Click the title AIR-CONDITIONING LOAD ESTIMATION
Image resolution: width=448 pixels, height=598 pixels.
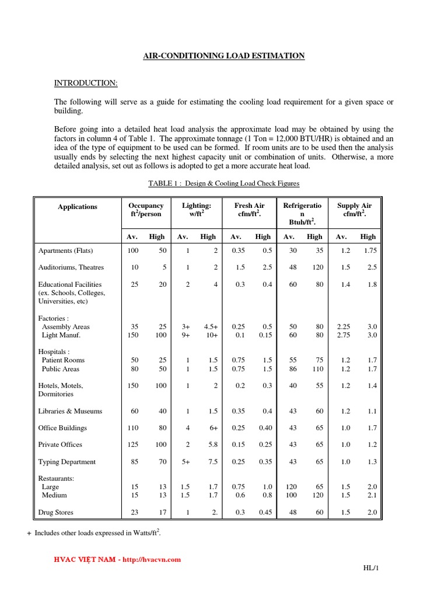tap(224, 55)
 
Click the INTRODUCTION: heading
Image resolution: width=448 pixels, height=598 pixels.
tap(86, 83)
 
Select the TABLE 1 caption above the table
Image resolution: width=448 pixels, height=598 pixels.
tap(223, 183)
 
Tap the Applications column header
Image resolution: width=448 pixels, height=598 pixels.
tap(78, 207)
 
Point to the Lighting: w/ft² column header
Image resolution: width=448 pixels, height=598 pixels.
tap(196, 210)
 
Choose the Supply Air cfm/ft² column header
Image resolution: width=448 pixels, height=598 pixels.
tap(354, 210)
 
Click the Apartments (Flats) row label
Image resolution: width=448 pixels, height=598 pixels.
tap(66, 251)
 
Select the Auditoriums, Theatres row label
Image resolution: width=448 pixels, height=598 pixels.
tap(71, 267)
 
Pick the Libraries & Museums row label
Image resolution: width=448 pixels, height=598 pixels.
tap(70, 411)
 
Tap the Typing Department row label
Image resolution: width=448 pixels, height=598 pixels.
tap(67, 462)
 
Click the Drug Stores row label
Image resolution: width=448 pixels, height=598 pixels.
tap(56, 513)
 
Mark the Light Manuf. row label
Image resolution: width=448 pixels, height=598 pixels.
tap(61, 335)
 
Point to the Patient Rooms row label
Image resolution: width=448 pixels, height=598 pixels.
tap(63, 360)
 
